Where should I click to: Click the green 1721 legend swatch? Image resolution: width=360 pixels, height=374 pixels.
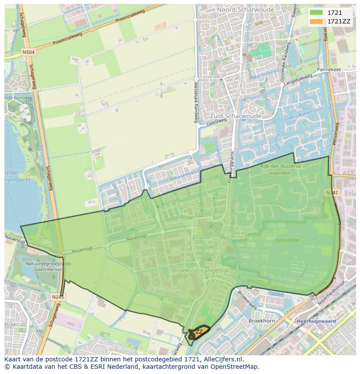pyautogui.click(x=316, y=13)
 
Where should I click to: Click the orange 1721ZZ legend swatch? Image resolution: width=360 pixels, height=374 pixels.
pyautogui.click(x=316, y=21)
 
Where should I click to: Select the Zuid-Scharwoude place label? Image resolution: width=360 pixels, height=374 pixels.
pyautogui.click(x=235, y=116)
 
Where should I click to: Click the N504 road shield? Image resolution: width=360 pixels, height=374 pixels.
pyautogui.click(x=29, y=52)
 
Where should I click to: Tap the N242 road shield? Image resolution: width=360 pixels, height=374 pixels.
pyautogui.click(x=331, y=192)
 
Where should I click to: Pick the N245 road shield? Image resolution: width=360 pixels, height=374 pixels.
pyautogui.click(x=57, y=297)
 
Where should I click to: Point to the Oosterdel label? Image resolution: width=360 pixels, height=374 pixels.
pyautogui.click(x=287, y=239)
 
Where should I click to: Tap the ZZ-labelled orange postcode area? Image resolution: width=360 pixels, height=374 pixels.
pyautogui.click(x=199, y=332)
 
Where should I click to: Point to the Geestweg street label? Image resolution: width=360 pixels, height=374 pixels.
pyautogui.click(x=217, y=124)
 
